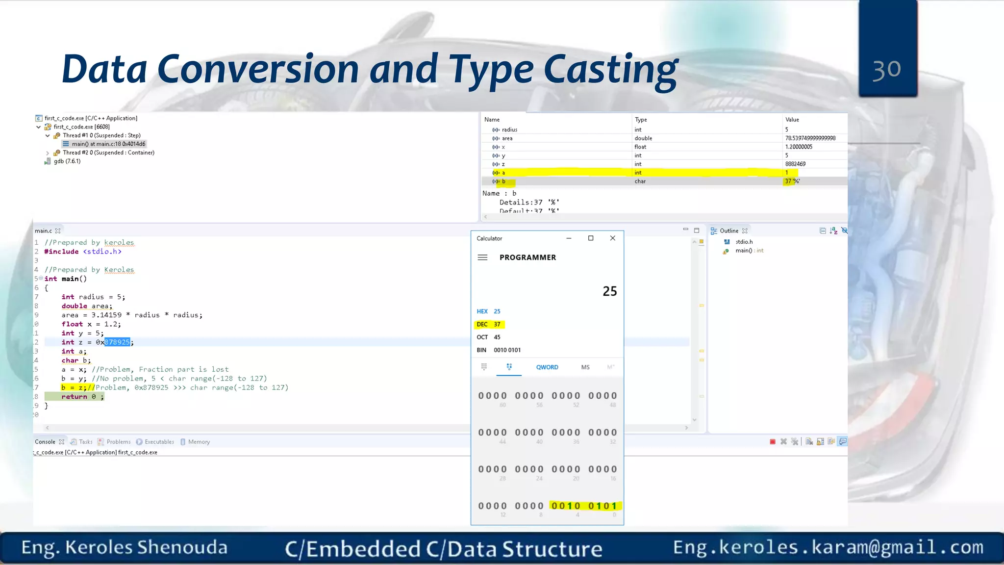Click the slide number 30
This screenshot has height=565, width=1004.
886,70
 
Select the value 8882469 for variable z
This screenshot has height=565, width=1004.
795,164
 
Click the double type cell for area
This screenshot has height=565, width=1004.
643,138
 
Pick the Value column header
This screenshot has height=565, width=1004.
792,120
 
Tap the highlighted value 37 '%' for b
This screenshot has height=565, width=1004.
792,181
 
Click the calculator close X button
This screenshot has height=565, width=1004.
612,238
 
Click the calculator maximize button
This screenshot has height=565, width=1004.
591,238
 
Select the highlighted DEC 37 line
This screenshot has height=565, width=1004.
489,324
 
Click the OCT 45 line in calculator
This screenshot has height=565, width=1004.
489,337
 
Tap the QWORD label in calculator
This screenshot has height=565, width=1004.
547,367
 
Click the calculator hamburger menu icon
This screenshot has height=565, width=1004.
482,257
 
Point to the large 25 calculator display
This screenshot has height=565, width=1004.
609,291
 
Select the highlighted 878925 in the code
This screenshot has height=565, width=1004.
117,342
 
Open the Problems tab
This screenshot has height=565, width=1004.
118,442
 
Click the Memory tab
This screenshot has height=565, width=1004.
199,442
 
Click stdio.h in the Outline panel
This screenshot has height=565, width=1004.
744,242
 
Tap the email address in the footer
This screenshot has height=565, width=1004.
828,547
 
